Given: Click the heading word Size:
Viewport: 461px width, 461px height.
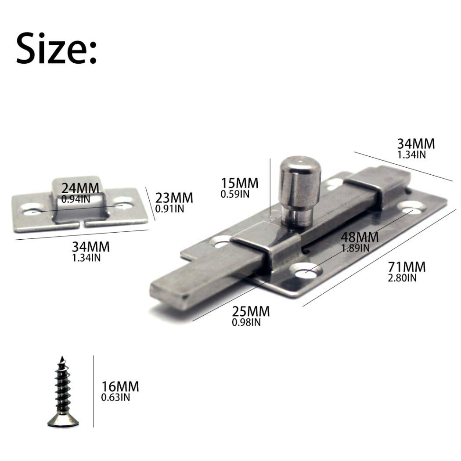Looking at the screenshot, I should coord(56,48).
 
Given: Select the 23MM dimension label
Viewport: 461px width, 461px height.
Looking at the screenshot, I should coord(174,198).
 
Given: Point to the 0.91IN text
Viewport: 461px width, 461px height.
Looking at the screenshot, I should coord(170,209).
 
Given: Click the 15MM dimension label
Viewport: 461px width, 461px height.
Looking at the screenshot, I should coord(240,183).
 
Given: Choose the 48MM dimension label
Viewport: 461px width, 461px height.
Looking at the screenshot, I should coord(360,238).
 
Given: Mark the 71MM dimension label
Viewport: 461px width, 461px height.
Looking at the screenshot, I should coord(407,267).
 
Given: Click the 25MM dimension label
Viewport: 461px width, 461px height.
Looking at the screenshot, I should coord(251,312).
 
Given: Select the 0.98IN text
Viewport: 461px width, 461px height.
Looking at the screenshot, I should coord(246,323).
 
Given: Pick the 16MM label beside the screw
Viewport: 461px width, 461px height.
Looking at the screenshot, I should coord(120,387).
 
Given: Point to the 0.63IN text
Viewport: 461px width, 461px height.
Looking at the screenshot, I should coord(115,398).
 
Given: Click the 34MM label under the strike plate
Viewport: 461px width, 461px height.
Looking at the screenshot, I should coord(91,247).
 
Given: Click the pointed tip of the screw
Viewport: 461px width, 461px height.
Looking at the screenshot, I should coord(61,357).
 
